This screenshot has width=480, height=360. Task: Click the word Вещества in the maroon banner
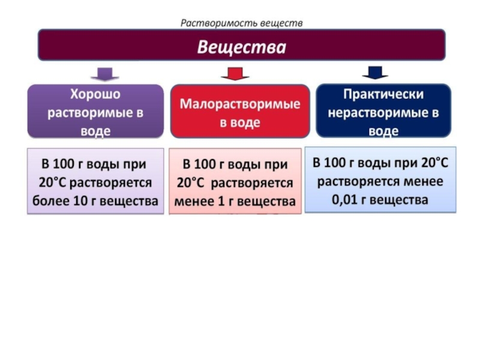click(242, 47)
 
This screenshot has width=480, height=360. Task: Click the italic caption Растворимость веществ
click(242, 23)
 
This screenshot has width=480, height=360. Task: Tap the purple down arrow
click(105, 74)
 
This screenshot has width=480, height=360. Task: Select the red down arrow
click(235, 73)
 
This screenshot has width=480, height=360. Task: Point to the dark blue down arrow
click(376, 73)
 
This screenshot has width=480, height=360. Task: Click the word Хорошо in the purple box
click(95, 94)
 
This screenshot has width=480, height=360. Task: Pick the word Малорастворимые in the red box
click(240, 104)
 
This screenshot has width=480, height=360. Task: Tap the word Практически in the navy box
click(383, 94)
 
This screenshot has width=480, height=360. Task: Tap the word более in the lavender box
click(51, 201)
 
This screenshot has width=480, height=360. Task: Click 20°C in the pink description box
click(190, 183)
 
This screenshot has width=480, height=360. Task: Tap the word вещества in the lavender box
click(129, 201)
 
